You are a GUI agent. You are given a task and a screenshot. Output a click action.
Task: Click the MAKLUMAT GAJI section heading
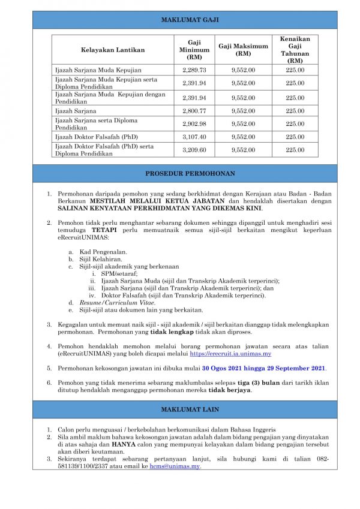pos(190,20)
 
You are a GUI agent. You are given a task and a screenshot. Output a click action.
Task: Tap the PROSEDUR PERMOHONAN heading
pos(190,174)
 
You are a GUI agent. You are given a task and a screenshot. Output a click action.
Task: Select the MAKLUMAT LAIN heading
pos(190,409)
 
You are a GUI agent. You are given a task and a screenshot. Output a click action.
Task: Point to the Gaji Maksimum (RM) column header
pos(243,50)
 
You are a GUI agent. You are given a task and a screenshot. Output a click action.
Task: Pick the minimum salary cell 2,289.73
pos(194,70)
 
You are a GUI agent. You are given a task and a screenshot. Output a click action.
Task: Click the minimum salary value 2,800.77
pos(194,111)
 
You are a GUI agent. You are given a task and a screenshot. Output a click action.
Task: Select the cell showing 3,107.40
pos(194,137)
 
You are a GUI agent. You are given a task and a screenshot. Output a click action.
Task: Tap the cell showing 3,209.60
pos(194,150)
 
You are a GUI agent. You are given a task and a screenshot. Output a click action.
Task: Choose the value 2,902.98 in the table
pos(194,124)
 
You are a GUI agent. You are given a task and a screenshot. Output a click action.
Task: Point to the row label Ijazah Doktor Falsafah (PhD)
pos(96,137)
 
